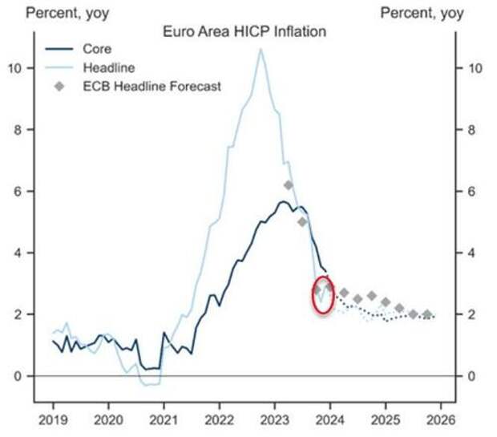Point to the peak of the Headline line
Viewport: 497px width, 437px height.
point(260,49)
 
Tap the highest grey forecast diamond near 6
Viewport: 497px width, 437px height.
point(289,185)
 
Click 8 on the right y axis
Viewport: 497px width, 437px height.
point(472,130)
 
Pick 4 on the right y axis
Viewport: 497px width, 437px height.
point(472,253)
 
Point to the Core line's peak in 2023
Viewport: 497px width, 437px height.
point(284,201)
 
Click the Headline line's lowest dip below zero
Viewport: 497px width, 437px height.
point(147,385)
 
